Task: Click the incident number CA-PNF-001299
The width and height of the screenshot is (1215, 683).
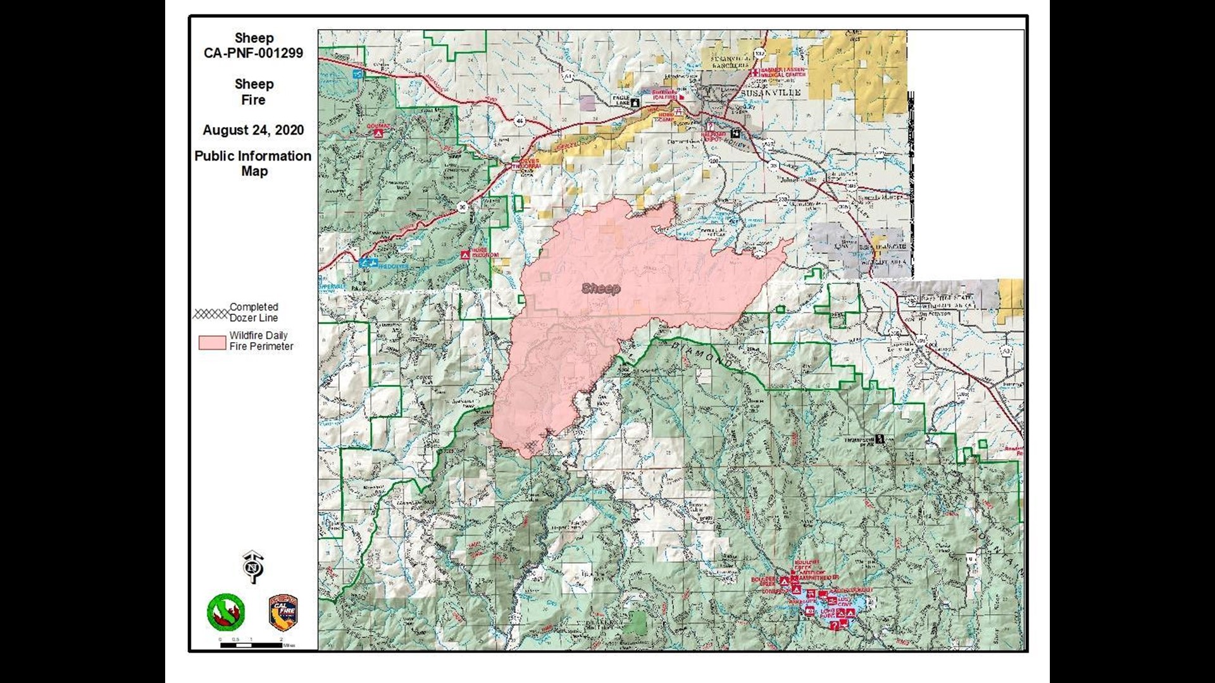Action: coord(253,53)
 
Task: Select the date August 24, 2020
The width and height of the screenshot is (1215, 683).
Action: coord(253,130)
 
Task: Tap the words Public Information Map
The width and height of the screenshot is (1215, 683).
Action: coord(253,163)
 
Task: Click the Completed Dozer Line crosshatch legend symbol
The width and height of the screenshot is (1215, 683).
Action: coord(211,314)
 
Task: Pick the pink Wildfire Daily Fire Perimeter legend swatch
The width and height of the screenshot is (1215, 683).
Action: coord(212,342)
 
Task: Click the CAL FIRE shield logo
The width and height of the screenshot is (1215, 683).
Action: coord(283,612)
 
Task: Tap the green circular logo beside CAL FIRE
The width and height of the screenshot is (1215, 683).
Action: coord(226,612)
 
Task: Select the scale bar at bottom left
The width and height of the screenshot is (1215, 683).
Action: coord(251,644)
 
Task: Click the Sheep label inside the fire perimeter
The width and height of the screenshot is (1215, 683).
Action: coord(601,289)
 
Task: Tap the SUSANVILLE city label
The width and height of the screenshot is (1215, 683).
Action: coord(770,92)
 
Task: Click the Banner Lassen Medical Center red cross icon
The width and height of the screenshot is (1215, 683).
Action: coord(755,72)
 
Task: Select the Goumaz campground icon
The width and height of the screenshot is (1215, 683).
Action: coord(378,133)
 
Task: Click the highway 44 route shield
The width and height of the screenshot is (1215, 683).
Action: coord(520,120)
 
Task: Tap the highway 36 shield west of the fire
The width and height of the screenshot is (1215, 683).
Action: coord(463,206)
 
